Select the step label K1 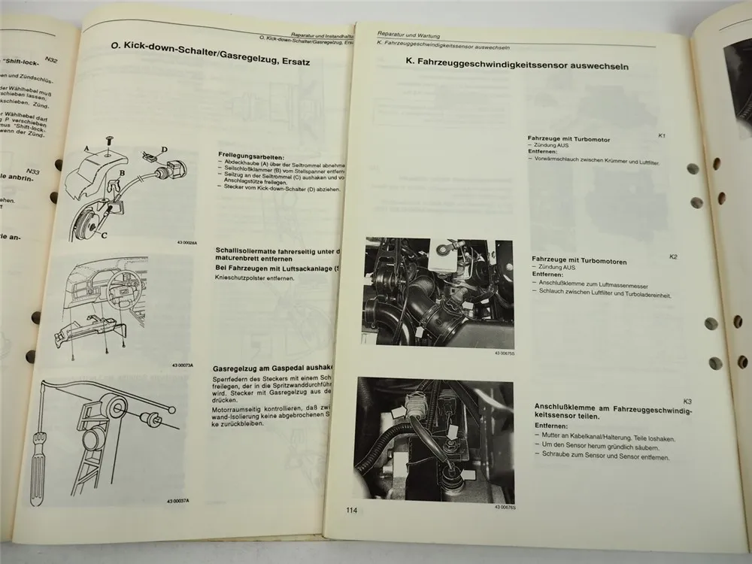(x=661, y=135)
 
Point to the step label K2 (x=673, y=257)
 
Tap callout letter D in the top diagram (x=164, y=150)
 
